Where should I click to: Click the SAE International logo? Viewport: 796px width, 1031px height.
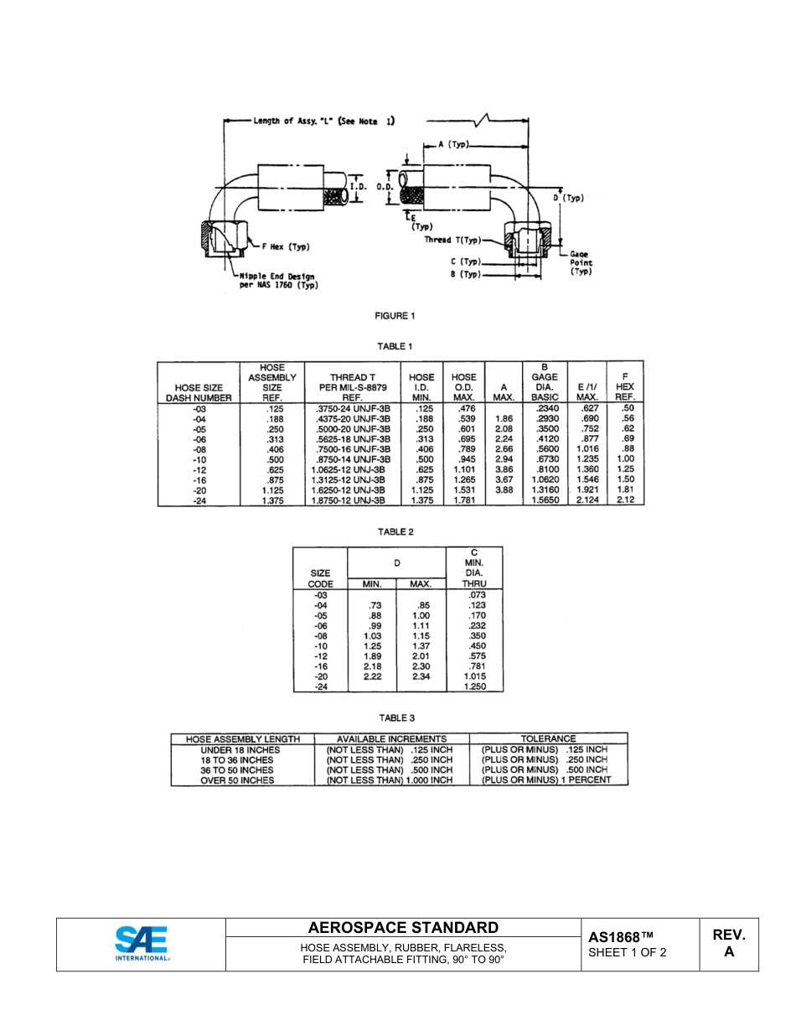pyautogui.click(x=141, y=944)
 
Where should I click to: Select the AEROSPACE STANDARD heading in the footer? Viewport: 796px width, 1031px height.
pyautogui.click(x=403, y=928)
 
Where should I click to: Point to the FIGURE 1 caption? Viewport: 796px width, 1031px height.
pyautogui.click(x=395, y=316)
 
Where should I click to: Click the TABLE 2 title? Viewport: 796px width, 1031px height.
pyautogui.click(x=395, y=531)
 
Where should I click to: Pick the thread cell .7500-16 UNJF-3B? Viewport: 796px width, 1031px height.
pyautogui.click(x=352, y=448)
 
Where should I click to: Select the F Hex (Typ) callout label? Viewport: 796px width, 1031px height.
pyautogui.click(x=286, y=247)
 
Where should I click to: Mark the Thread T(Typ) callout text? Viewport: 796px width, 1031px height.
pyautogui.click(x=453, y=240)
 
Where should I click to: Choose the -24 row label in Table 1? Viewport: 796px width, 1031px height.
pyautogui.click(x=199, y=500)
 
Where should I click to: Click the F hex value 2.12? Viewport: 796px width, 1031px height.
pyautogui.click(x=625, y=500)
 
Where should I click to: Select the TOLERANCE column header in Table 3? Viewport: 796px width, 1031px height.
pyautogui.click(x=548, y=739)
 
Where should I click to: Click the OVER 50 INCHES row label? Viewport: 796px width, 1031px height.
pyautogui.click(x=237, y=780)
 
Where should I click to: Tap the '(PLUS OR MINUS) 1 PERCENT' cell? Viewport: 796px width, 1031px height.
pyautogui.click(x=545, y=780)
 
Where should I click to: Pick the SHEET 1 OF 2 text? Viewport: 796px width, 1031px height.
pyautogui.click(x=628, y=952)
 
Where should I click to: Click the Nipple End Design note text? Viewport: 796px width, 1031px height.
pyautogui.click(x=279, y=280)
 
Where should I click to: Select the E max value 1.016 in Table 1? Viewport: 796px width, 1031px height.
pyautogui.click(x=587, y=448)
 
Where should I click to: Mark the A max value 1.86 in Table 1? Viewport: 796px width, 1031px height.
pyautogui.click(x=504, y=418)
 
